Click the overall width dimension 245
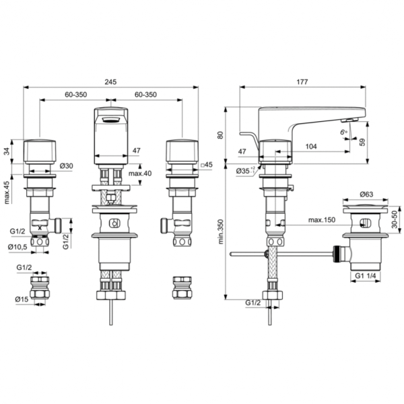pos(110,81)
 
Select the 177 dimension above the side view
pos(301,82)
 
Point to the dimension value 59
pos(363,142)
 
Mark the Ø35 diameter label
pos(245,172)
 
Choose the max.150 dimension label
pos(322,220)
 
